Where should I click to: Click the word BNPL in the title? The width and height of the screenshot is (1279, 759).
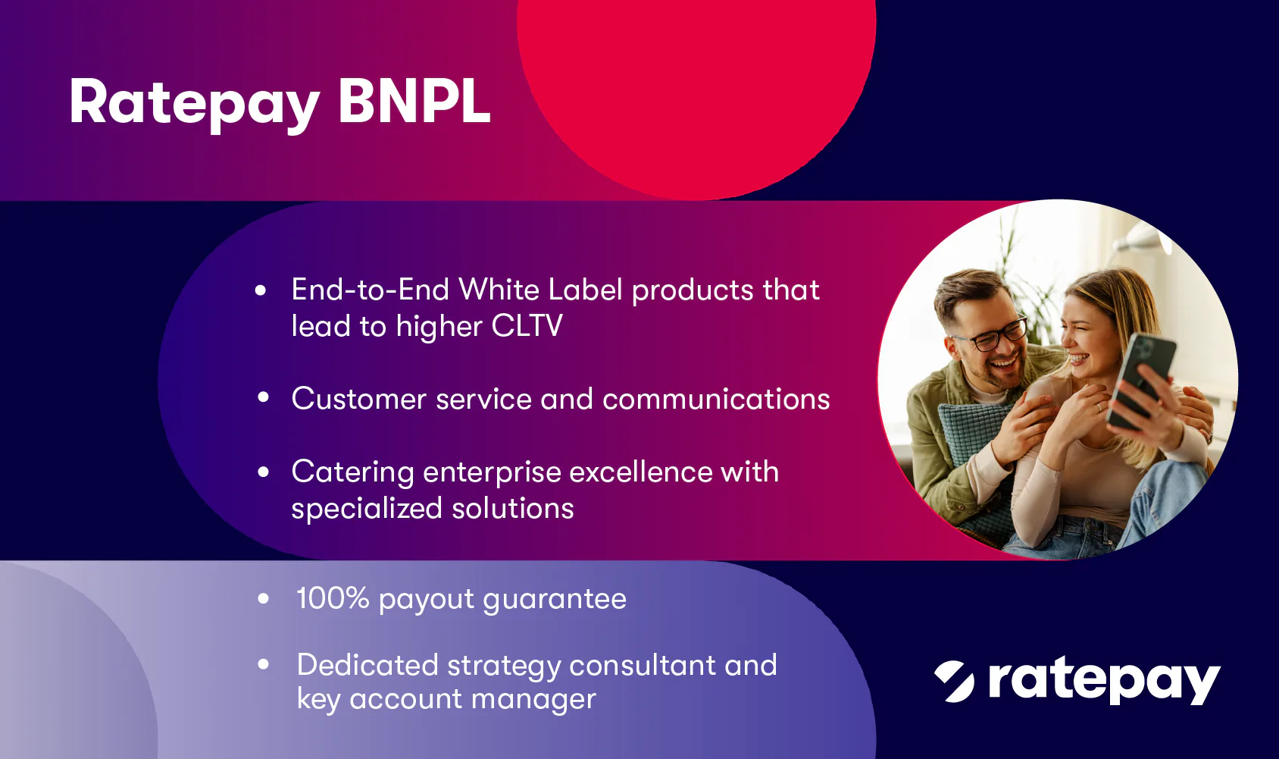click(414, 101)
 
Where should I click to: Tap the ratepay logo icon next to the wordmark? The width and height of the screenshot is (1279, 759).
click(954, 681)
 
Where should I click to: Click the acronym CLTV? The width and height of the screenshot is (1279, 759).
click(527, 326)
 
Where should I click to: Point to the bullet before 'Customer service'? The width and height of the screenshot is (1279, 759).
click(263, 397)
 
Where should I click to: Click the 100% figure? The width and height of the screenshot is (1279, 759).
click(333, 597)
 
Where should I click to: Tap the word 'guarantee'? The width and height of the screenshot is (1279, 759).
click(555, 600)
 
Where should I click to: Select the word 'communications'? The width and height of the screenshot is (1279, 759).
click(716, 398)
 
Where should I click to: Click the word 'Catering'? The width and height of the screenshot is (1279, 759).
click(353, 472)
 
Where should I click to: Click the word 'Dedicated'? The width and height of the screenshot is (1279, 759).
click(367, 665)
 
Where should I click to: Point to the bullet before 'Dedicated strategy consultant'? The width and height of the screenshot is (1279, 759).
click(263, 664)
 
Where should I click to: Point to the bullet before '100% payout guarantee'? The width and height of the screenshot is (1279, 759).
click(263, 598)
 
